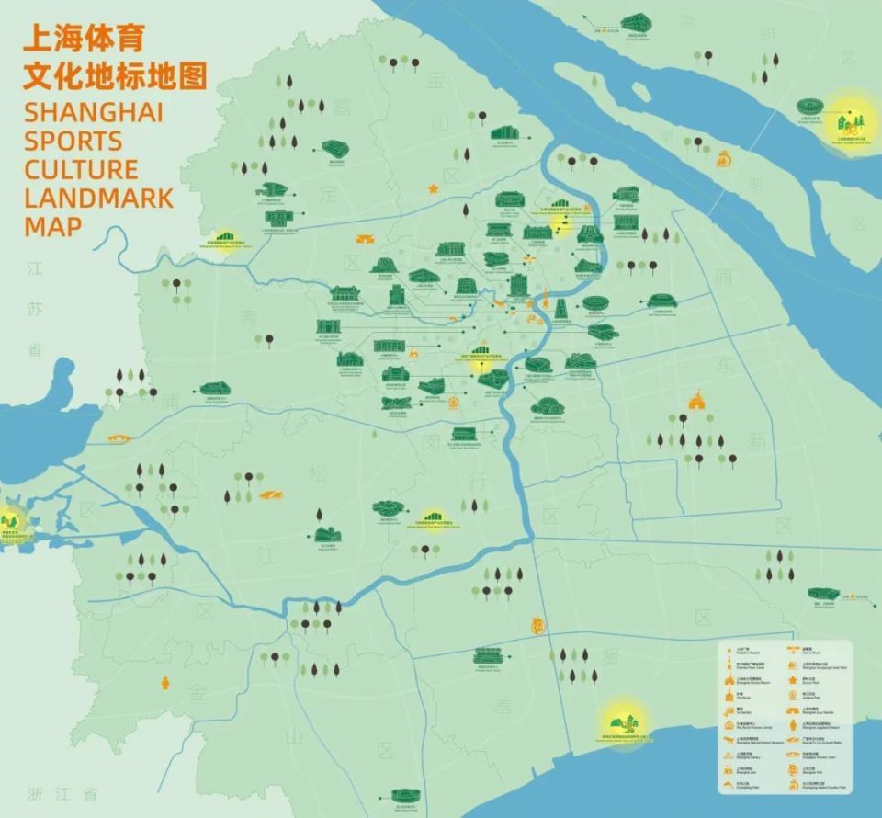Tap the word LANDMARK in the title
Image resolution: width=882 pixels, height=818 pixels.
point(98,197)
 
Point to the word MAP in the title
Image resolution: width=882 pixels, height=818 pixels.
point(52,225)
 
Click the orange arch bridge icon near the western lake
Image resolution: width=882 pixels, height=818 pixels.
point(119,437)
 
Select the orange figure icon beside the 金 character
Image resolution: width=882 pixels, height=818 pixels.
point(165,683)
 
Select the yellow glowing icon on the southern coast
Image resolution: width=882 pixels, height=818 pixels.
point(624,720)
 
